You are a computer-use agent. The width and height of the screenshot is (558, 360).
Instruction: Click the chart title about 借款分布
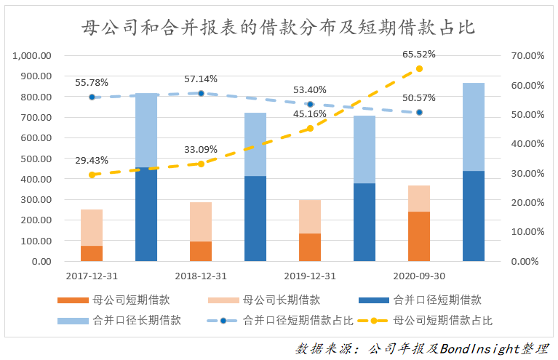[279, 28]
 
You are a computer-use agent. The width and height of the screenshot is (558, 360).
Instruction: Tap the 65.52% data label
[419, 55]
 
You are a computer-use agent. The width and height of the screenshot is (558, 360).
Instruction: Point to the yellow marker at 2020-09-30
[419, 68]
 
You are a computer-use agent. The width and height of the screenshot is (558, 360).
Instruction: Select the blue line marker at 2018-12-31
[201, 93]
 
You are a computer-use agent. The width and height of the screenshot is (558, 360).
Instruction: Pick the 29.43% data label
[92, 161]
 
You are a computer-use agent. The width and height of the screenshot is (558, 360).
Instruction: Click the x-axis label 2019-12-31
[310, 276]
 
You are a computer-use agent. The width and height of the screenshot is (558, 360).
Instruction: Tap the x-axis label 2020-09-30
[419, 276]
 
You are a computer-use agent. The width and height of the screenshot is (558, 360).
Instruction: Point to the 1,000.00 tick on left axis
[32, 56]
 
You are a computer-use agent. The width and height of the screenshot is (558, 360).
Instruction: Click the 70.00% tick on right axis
[527, 56]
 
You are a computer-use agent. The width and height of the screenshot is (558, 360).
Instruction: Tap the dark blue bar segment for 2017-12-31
[146, 214]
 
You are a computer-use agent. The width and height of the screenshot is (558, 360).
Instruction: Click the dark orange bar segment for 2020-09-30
[419, 236]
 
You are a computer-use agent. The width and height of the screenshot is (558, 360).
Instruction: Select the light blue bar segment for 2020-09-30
[474, 127]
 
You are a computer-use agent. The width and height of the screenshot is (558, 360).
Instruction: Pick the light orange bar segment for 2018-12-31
[201, 221]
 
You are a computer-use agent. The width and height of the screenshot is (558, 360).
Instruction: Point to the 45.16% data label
[310, 113]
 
